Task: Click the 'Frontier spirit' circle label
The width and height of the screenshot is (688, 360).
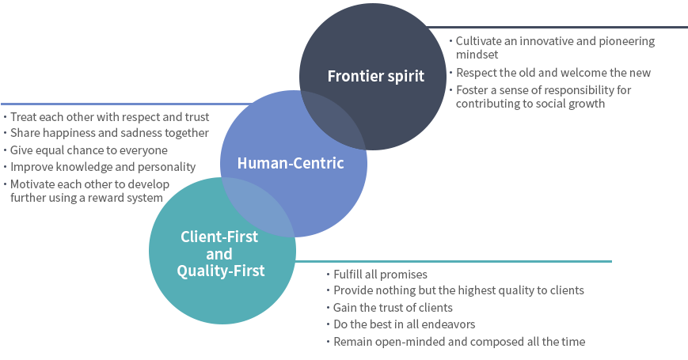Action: (376, 77)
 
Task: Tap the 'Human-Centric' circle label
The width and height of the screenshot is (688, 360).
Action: (291, 164)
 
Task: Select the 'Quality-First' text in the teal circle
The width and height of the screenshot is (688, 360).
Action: (220, 271)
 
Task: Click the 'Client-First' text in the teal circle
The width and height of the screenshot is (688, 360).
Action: (219, 236)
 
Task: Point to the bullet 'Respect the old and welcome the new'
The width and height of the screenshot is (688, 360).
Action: (553, 73)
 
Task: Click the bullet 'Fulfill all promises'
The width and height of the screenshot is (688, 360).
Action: (380, 275)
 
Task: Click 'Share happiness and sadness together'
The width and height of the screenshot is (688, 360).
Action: (109, 133)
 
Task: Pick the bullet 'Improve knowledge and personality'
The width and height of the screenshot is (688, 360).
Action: (102, 167)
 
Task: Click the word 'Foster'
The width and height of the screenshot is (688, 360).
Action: (473, 90)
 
